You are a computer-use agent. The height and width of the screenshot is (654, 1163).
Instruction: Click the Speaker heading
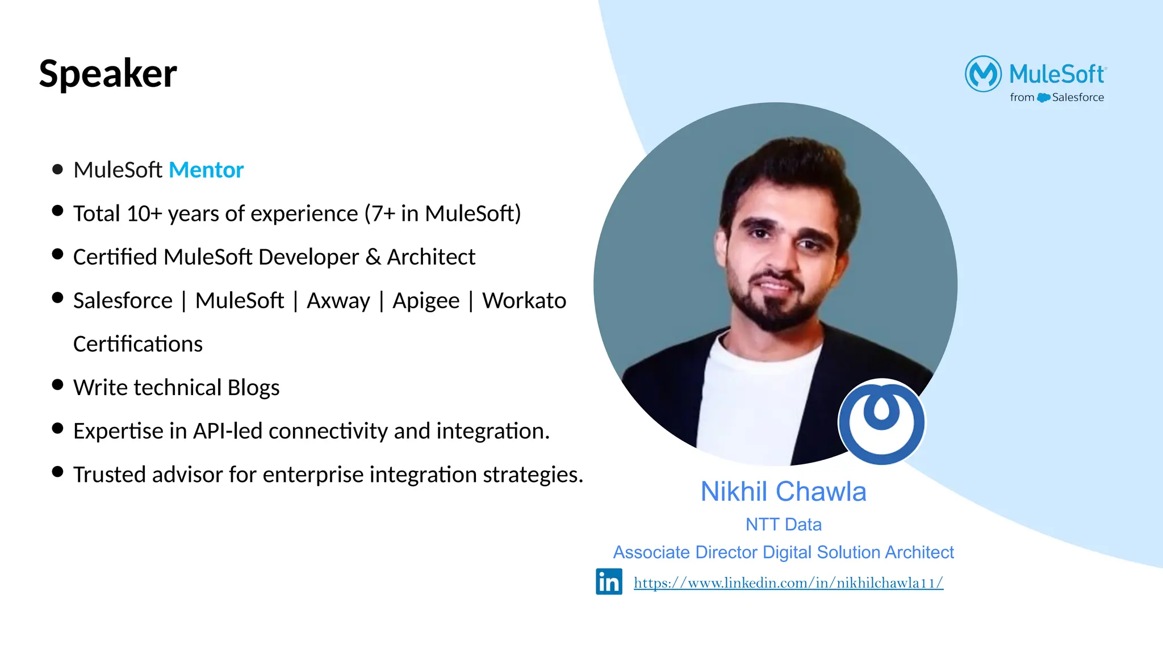pyautogui.click(x=108, y=74)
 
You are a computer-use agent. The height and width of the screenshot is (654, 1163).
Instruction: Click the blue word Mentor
pyautogui.click(x=206, y=170)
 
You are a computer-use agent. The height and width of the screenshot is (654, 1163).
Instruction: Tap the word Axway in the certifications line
pyautogui.click(x=338, y=300)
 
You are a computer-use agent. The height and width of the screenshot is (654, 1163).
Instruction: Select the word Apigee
pyautogui.click(x=426, y=301)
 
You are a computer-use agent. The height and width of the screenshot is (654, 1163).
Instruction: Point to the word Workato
pyautogui.click(x=524, y=300)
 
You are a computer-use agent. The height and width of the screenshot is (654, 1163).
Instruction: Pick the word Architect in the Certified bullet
pyautogui.click(x=431, y=257)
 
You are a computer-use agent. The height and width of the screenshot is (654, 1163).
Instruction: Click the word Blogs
pyautogui.click(x=253, y=388)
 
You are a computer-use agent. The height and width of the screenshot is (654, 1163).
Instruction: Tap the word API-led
pyautogui.click(x=227, y=431)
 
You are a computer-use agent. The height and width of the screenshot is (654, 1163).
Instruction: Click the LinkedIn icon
pyautogui.click(x=609, y=581)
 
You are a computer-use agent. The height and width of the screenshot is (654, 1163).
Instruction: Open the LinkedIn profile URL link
pyautogui.click(x=788, y=582)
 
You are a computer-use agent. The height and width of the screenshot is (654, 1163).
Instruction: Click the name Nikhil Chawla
pyautogui.click(x=783, y=492)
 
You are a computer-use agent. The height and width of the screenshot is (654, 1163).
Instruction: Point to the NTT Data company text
pyautogui.click(x=783, y=524)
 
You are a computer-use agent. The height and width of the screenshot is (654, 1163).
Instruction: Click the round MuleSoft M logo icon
pyautogui.click(x=983, y=74)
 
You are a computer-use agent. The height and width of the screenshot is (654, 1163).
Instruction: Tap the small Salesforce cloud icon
pyautogui.click(x=1043, y=98)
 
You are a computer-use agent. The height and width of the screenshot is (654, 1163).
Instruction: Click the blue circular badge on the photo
pyautogui.click(x=881, y=422)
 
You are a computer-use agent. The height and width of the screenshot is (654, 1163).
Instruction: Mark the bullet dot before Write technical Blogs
pyautogui.click(x=57, y=384)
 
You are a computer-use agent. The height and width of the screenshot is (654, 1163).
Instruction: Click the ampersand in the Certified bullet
pyautogui.click(x=373, y=257)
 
